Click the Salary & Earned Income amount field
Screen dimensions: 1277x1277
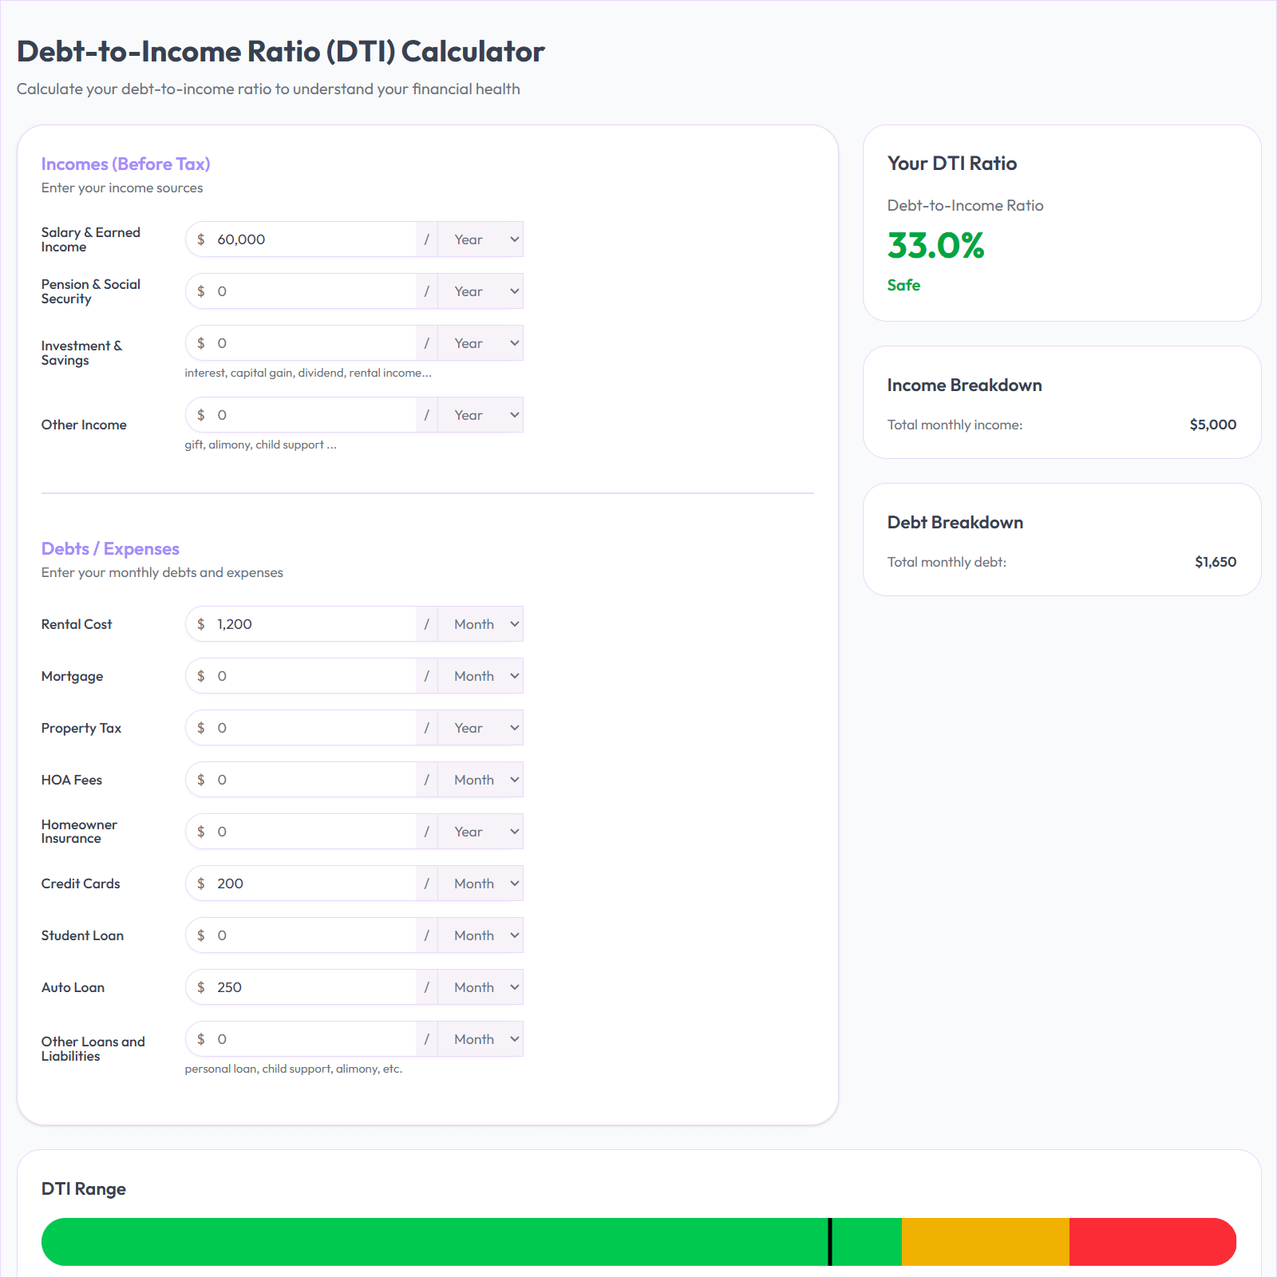point(311,239)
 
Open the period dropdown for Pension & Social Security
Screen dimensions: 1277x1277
point(480,291)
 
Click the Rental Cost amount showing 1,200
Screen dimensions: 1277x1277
point(311,624)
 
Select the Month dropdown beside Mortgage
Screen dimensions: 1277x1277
point(480,676)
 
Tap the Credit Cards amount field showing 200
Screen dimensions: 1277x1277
point(311,884)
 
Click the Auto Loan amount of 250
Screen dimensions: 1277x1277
point(311,987)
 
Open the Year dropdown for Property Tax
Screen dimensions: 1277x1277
point(480,728)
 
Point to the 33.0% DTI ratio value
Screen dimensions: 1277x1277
point(935,245)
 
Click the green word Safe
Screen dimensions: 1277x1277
point(903,285)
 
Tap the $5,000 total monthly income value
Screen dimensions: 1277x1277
point(1212,425)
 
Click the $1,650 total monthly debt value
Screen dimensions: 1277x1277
point(1215,562)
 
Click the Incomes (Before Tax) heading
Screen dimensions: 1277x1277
point(125,164)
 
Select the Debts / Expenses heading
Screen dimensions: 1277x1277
point(110,548)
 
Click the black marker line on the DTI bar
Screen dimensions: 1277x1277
point(830,1241)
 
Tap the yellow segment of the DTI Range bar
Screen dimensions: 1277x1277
point(985,1241)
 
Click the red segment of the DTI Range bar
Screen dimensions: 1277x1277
point(1149,1241)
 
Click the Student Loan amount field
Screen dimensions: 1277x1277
point(311,935)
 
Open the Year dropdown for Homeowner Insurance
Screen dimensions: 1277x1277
point(480,832)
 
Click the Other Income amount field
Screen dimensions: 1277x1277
point(311,415)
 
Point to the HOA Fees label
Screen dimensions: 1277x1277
point(72,780)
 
